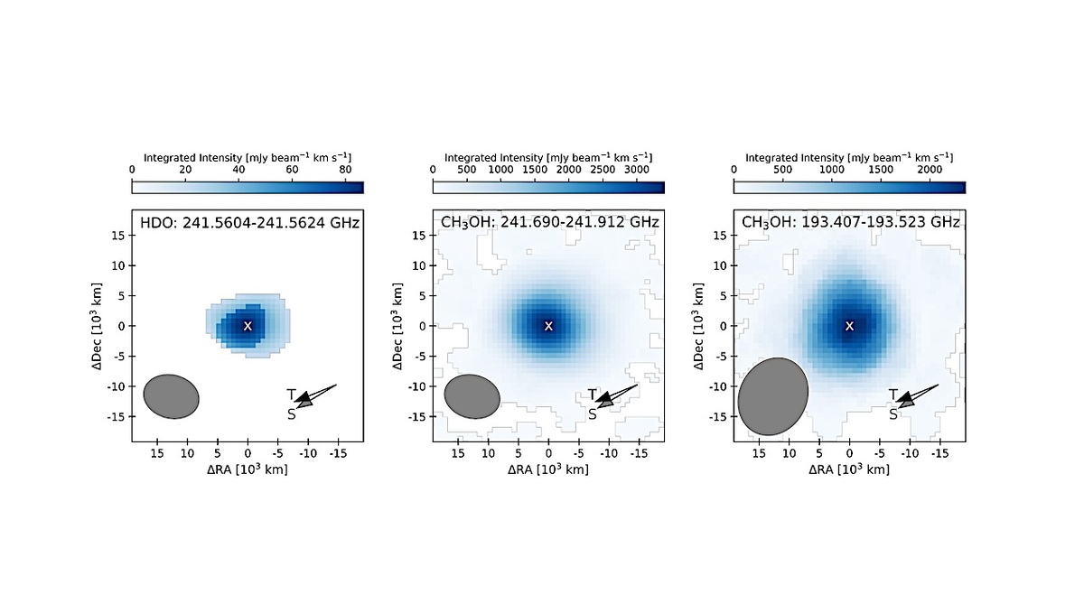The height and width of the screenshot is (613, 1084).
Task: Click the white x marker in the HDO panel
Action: tap(248, 325)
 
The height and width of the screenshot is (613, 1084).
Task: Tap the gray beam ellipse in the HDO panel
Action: tap(172, 395)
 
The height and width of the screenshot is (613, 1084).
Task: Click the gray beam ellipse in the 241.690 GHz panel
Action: tap(472, 397)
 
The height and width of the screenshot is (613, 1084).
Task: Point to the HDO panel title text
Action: tap(248, 222)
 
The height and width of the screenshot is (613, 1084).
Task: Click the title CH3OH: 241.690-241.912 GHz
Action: tap(548, 222)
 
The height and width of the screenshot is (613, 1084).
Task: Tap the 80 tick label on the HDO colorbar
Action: tap(345, 170)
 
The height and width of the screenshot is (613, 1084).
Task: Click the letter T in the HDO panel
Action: tap(291, 395)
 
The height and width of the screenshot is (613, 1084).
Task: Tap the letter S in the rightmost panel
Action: tap(892, 414)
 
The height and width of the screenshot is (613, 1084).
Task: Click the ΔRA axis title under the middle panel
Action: tap(548, 469)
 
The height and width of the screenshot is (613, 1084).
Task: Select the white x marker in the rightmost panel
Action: tap(849, 325)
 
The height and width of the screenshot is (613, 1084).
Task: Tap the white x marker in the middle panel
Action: tap(548, 325)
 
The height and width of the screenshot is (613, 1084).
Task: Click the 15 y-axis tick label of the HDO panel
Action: tap(117, 235)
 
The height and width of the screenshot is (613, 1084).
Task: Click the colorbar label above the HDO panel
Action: tap(248, 156)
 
